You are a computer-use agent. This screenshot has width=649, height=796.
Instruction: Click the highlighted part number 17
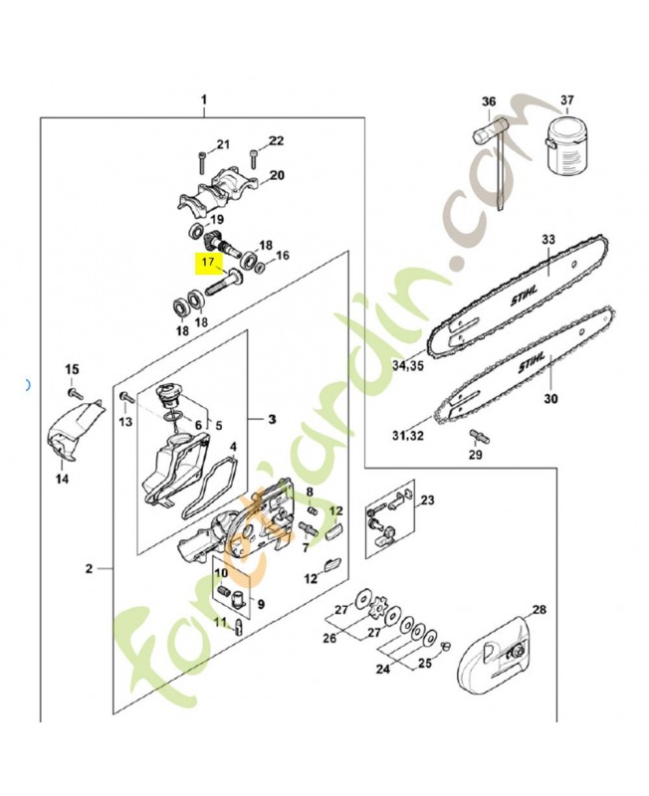click(x=208, y=264)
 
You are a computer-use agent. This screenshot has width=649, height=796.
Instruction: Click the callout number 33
click(x=547, y=239)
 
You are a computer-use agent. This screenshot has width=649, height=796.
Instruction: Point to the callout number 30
click(x=545, y=401)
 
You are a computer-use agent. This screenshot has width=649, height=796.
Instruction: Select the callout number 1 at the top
click(x=204, y=99)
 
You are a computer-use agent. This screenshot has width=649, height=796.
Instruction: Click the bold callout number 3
click(x=271, y=420)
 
